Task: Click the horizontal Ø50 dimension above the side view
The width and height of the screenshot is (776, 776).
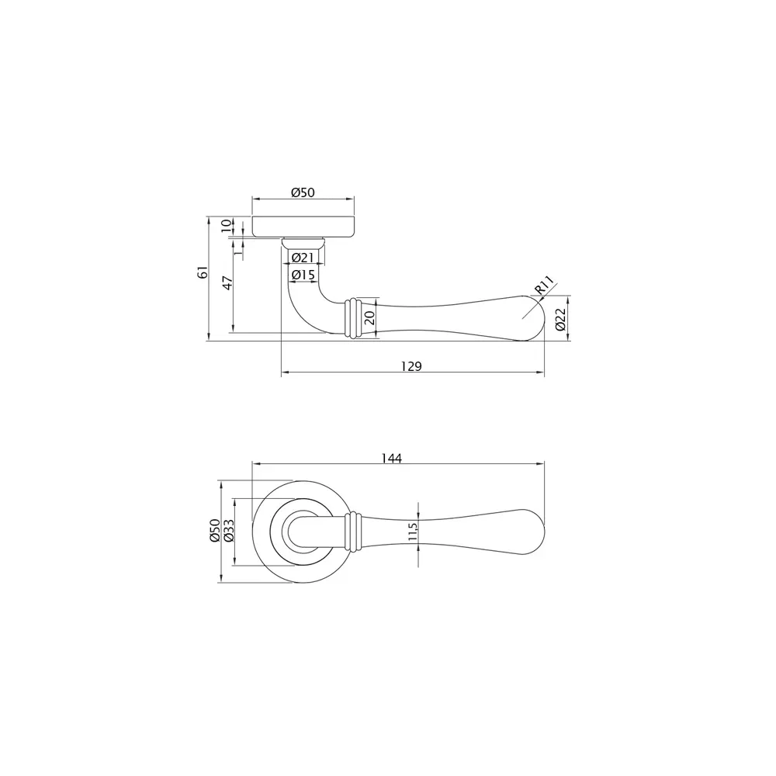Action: (x=303, y=192)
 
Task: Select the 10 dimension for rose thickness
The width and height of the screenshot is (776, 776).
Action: (x=226, y=226)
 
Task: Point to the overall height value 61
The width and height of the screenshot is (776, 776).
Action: (x=202, y=272)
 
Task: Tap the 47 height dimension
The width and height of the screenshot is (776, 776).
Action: (x=227, y=282)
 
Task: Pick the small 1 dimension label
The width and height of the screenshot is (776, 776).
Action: (x=238, y=250)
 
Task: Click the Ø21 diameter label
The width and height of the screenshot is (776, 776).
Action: (x=303, y=258)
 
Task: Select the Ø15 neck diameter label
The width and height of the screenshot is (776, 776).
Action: (x=303, y=275)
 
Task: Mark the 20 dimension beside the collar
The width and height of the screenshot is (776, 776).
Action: (x=369, y=317)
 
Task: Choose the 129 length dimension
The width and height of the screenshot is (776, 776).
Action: (x=411, y=365)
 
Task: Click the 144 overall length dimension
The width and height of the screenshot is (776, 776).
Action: (x=392, y=458)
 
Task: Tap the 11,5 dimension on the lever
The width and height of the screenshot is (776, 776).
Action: (x=413, y=532)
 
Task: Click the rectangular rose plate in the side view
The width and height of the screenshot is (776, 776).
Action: (x=304, y=226)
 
